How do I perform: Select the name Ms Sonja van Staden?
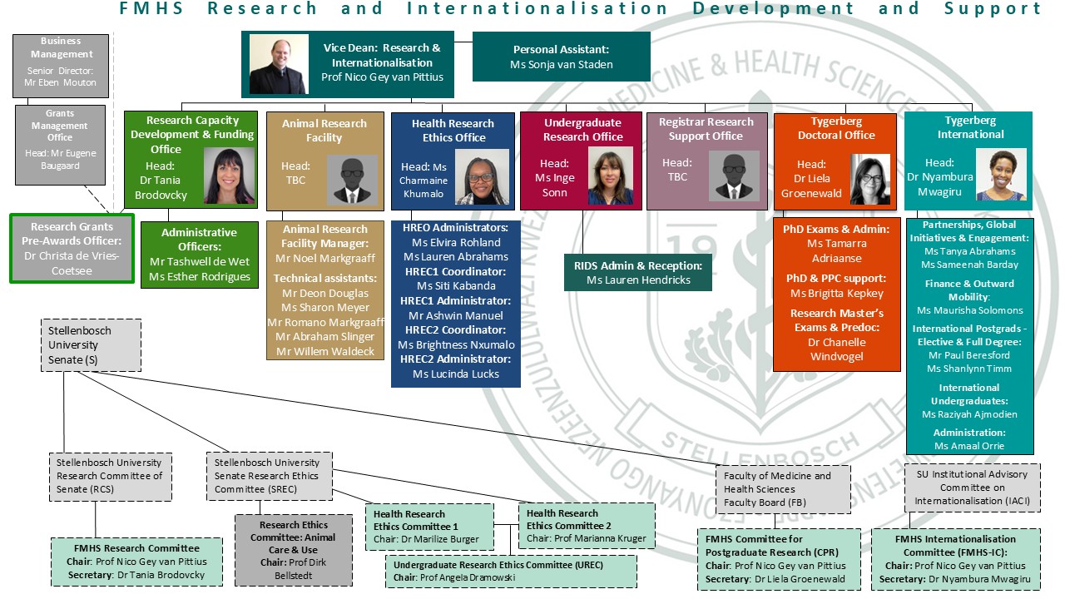pyautogui.click(x=562, y=65)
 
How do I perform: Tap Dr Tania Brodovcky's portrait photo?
pyautogui.click(x=229, y=176)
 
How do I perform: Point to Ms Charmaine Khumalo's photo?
pyautogui.click(x=482, y=177)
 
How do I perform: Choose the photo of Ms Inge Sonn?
pyautogui.click(x=610, y=176)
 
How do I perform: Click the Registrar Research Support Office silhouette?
pyautogui.click(x=734, y=176)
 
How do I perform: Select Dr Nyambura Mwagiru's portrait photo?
pyautogui.click(x=1000, y=175)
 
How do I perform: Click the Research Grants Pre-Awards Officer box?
pyautogui.click(x=72, y=248)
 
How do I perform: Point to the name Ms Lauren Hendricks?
pyautogui.click(x=638, y=280)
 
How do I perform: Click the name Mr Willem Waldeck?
pyautogui.click(x=324, y=351)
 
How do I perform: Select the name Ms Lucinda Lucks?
pyautogui.click(x=456, y=374)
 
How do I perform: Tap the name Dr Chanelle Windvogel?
pyautogui.click(x=837, y=349)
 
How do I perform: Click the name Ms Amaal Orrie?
pyautogui.click(x=969, y=446)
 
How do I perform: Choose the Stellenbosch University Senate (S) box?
pyautogui.click(x=91, y=344)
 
